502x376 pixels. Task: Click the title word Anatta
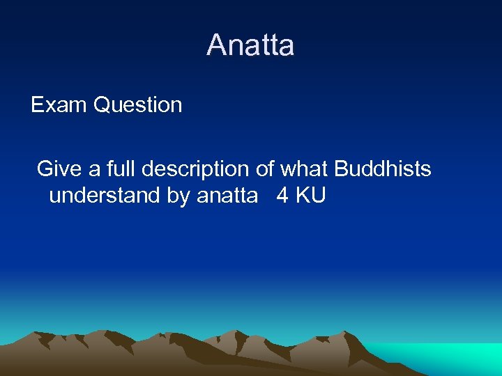pos(250,46)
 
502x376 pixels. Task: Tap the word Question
pos(137,105)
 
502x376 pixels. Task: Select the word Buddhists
pos(383,169)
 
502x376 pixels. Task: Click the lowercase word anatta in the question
pos(227,196)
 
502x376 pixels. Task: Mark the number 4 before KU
pos(282,196)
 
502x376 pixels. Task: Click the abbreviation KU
pos(310,196)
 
